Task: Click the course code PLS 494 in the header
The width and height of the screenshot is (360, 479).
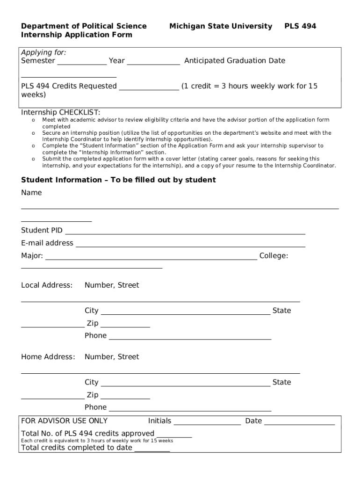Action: tap(300, 26)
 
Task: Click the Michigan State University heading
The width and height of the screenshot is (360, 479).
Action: tap(221, 26)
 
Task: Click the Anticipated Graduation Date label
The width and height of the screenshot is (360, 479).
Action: tap(235, 61)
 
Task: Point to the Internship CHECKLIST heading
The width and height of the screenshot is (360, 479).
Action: tap(60, 113)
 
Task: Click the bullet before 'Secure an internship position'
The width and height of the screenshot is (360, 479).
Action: tap(34, 133)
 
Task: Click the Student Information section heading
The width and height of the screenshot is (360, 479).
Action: tap(118, 180)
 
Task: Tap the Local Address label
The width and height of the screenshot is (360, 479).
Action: tap(47, 285)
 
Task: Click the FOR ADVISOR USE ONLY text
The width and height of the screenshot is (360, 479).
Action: tap(64, 421)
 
